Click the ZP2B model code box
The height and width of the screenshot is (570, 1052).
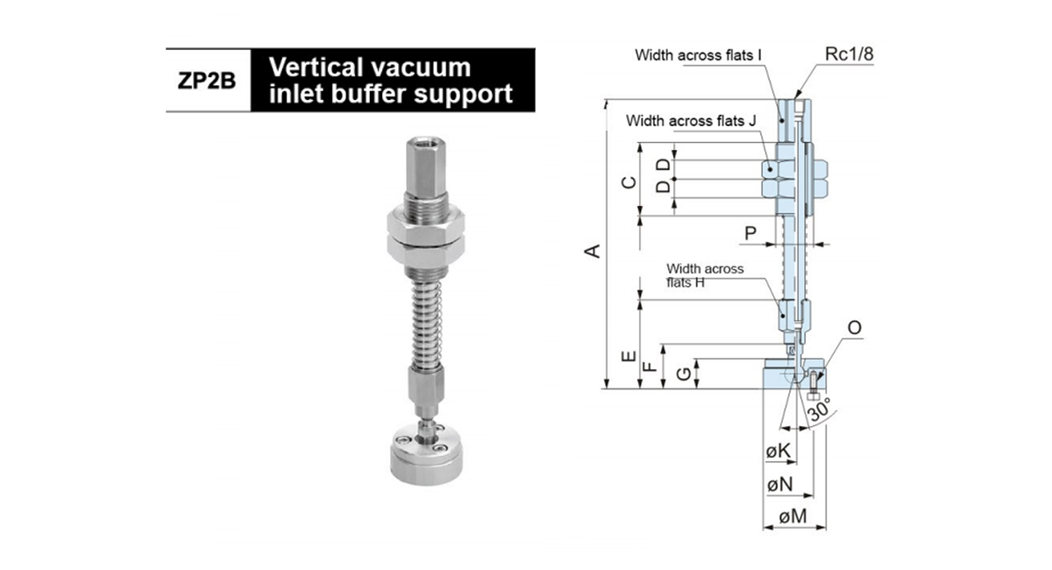(x=208, y=80)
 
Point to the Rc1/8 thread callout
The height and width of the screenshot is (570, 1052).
(x=849, y=54)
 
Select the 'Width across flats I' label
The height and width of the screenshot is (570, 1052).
(x=698, y=55)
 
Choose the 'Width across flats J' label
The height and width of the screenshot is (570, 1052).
(x=692, y=121)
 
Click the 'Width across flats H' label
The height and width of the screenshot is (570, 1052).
(x=705, y=275)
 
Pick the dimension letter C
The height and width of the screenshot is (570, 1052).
(x=629, y=182)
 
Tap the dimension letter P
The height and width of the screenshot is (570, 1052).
(x=750, y=232)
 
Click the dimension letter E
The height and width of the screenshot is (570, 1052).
(x=629, y=357)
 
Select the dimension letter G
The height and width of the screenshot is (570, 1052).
(x=685, y=374)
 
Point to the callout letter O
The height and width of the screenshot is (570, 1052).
(x=855, y=327)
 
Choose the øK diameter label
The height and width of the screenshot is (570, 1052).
(x=778, y=451)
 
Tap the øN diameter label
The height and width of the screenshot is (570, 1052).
(x=780, y=484)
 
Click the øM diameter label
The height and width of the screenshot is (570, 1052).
(x=793, y=516)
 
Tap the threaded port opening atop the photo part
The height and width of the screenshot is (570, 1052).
(x=426, y=140)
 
